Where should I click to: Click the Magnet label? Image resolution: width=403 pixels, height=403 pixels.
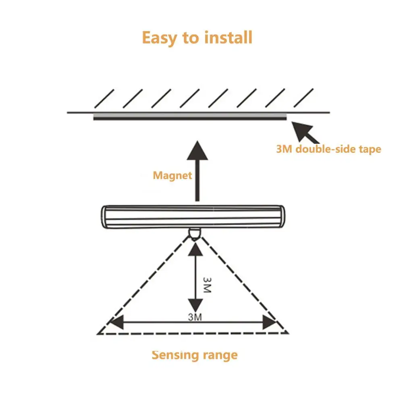pos(172,175)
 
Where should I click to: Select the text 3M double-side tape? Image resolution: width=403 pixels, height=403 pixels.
pos(328,149)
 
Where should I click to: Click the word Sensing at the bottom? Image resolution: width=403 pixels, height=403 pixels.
pos(175,355)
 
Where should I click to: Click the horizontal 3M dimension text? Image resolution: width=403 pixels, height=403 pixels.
pos(195,317)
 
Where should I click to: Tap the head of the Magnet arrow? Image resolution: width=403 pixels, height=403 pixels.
pos(197,151)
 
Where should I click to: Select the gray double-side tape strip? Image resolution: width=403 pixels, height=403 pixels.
pos(190,117)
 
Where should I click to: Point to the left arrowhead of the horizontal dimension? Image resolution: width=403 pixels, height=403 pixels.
pos(116,322)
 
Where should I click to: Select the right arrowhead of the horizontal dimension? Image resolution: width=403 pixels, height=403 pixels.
pos(269,322)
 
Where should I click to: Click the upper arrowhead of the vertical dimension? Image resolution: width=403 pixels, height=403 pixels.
pos(195,251)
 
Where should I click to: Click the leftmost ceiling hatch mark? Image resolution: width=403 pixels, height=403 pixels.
pos(103,99)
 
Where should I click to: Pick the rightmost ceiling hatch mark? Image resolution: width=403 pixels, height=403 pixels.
pos(303,99)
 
